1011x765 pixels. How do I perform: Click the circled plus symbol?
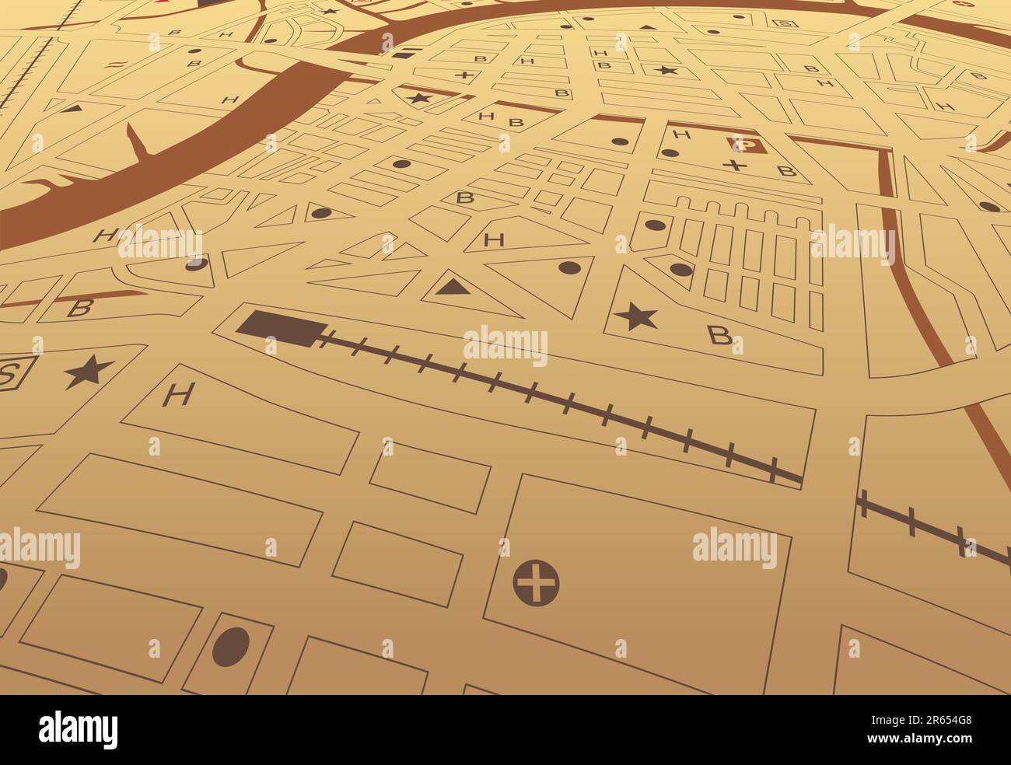[x=537, y=582]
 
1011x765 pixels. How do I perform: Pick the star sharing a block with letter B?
[x=635, y=317]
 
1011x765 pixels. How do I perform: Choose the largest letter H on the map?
[x=178, y=396]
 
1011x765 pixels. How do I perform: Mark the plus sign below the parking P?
[x=733, y=165]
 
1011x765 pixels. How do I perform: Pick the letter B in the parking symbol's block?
[x=786, y=170]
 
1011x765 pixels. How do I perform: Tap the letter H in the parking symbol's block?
[x=682, y=134]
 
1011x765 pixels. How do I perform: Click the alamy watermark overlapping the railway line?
[x=505, y=345]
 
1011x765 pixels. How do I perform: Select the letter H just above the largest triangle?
[x=492, y=240]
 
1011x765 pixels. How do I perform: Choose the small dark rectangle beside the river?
[x=404, y=54]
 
